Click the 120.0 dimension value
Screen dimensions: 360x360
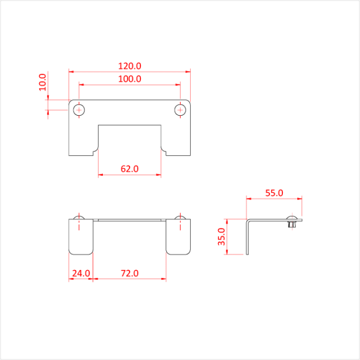click(x=130, y=66)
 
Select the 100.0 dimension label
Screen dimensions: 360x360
click(x=130, y=79)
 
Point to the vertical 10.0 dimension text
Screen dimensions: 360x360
click(x=43, y=82)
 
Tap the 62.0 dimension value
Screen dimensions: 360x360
click(x=130, y=168)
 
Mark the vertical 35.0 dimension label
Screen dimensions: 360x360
click(x=222, y=237)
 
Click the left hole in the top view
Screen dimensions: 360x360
click(x=79, y=110)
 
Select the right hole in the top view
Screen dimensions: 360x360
click(x=180, y=110)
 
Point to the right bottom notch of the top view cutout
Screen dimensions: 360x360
click(x=164, y=151)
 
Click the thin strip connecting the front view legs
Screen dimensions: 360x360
click(x=130, y=220)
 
